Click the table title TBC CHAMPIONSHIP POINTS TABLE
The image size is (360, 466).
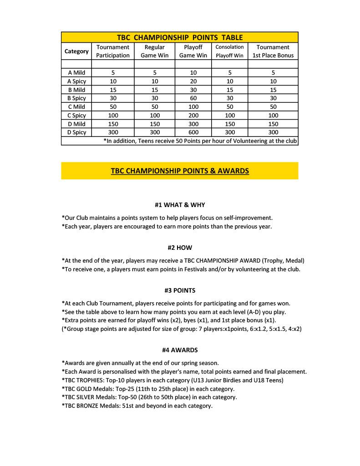(179, 37)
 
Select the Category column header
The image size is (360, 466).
(76, 51)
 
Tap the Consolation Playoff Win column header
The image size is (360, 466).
(229, 51)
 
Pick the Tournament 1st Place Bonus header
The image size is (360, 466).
(273, 51)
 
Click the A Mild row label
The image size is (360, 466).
(76, 73)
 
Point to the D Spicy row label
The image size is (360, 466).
(76, 132)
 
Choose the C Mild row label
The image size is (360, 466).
(76, 107)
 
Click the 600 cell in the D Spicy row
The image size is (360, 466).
(193, 132)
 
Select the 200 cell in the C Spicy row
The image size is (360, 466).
(193, 116)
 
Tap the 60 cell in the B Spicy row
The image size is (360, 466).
(193, 98)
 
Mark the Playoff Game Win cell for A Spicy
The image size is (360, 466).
(193, 81)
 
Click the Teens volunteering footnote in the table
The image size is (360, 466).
(200, 141)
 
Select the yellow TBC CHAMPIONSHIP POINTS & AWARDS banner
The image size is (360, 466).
(179, 171)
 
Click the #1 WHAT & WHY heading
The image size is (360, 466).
(180, 205)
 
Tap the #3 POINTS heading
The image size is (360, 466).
(180, 290)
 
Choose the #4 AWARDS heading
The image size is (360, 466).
(180, 350)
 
